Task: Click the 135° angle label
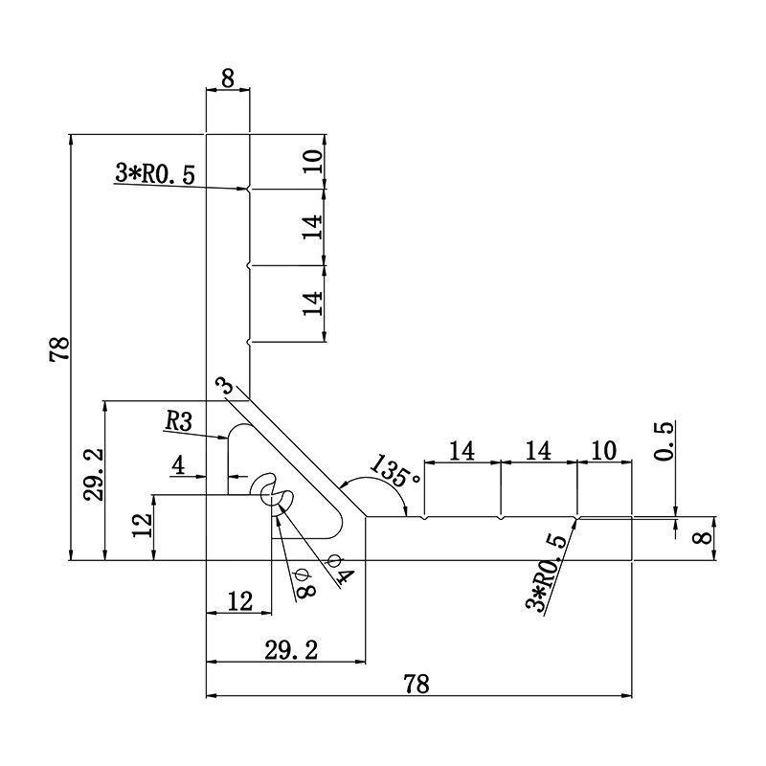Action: tap(394, 472)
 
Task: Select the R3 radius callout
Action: tap(179, 420)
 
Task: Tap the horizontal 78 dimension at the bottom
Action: tap(417, 684)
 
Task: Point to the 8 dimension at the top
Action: tap(228, 79)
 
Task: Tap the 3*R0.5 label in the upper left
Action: tap(154, 174)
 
